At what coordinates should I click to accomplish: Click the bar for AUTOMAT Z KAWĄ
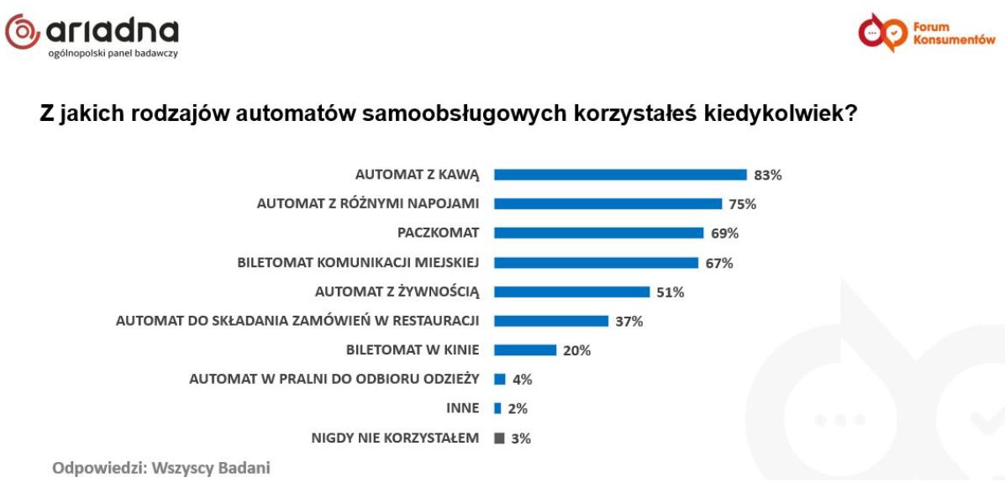click(x=620, y=175)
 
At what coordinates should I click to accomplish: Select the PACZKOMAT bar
click(x=598, y=233)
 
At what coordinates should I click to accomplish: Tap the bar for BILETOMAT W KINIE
click(x=525, y=349)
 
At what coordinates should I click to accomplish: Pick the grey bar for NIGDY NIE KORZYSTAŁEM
click(x=499, y=438)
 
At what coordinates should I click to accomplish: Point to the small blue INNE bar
click(x=497, y=408)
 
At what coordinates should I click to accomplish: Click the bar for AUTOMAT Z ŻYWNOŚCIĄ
click(x=571, y=291)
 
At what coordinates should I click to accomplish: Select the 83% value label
click(x=768, y=176)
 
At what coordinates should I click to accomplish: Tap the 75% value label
click(x=743, y=204)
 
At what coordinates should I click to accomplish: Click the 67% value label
click(x=719, y=263)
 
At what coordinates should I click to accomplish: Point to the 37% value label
click(x=629, y=321)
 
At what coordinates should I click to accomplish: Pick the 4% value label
click(x=522, y=380)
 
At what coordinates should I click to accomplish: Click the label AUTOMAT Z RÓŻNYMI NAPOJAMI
click(x=367, y=204)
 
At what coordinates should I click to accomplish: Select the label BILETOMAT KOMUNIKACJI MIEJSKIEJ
click(x=358, y=263)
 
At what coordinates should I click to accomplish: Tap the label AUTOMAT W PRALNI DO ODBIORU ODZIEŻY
click(x=334, y=380)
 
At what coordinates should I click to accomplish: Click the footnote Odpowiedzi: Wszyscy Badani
click(x=162, y=468)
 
